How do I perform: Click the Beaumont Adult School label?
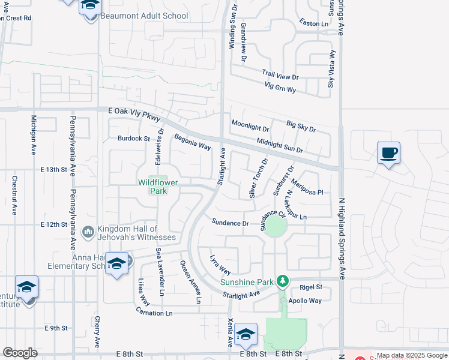point(145,16)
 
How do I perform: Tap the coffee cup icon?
point(388,152)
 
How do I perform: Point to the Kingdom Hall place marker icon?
point(88,231)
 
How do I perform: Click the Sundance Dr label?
point(230,223)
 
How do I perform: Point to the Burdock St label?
point(133,138)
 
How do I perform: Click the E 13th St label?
point(53,170)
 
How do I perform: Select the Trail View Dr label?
point(280,76)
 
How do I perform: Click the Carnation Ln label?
point(154,313)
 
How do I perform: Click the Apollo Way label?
point(306,301)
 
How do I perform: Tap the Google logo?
point(20,353)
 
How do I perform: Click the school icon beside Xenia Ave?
point(246,334)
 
